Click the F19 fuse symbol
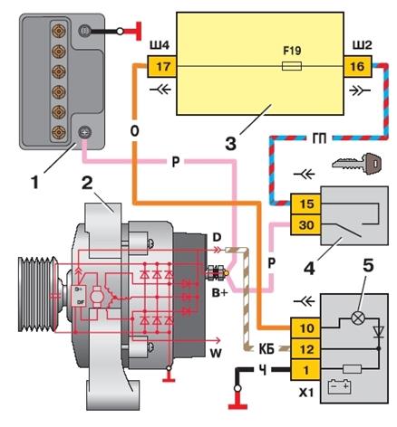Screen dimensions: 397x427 click(x=292, y=66)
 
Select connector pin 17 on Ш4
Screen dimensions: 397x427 click(x=161, y=66)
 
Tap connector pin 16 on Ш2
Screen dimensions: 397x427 click(x=358, y=66)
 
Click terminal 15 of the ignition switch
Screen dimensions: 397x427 click(x=305, y=204)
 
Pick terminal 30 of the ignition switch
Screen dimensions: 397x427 click(x=305, y=225)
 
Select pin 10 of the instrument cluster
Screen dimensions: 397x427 click(x=305, y=328)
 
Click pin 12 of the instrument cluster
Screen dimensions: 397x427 click(x=305, y=349)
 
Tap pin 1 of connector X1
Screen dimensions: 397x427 click(x=305, y=370)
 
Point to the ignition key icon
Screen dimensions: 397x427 click(x=356, y=164)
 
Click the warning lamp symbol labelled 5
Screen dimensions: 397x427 click(x=358, y=318)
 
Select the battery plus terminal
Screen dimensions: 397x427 click(x=85, y=132)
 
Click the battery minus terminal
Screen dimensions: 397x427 click(x=85, y=31)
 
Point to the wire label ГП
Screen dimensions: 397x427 click(x=319, y=139)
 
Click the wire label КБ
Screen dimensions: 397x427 click(x=266, y=349)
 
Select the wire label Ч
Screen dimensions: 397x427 click(x=263, y=370)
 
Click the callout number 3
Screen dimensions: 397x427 click(x=231, y=144)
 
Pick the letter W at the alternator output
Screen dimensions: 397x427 click(x=216, y=353)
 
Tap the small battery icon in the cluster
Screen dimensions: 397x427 click(x=340, y=387)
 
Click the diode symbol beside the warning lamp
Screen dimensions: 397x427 click(x=378, y=332)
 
